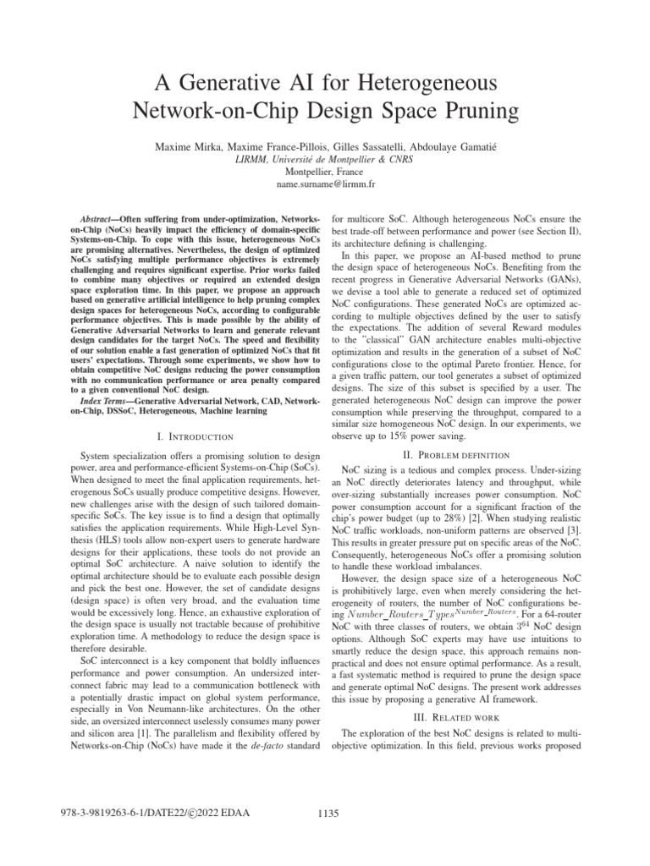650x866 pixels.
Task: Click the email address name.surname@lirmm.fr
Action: (x=324, y=184)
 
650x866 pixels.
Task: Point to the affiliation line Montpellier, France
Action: (x=324, y=171)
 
